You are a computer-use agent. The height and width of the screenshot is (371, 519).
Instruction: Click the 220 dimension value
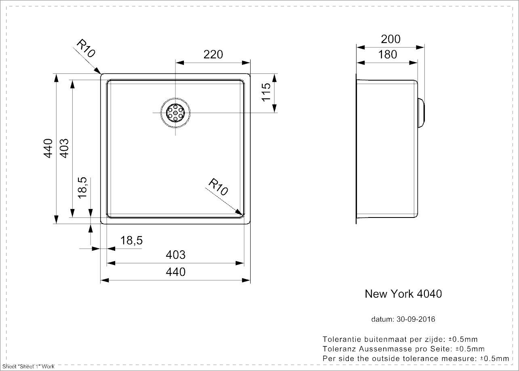coord(213,54)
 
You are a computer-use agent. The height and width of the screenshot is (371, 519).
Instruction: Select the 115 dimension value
coord(266,92)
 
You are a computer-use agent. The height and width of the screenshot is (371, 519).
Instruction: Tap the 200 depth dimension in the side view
coord(391,39)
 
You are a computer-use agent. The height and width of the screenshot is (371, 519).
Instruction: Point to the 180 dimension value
coord(388,54)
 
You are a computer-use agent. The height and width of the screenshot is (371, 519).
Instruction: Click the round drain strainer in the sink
coord(175,113)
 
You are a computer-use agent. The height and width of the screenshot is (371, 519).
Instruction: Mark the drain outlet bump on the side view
coord(421,113)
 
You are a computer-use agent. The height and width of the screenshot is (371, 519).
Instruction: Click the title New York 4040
coord(403,294)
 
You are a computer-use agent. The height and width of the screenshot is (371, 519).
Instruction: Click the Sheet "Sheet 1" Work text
coord(28,367)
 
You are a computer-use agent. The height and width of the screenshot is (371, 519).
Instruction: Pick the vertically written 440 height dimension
coord(49,148)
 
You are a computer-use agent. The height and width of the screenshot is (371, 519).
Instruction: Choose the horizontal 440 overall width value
coord(175,272)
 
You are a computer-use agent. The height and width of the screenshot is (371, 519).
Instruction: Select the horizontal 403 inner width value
coord(175,255)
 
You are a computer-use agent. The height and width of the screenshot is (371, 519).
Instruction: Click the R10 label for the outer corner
coord(86,49)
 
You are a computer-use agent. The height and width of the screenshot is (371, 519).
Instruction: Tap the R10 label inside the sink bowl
coord(218,187)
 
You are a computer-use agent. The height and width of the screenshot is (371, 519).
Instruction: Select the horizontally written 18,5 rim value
coord(131,241)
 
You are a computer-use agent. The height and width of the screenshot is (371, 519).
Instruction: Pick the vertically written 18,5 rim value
coord(82,187)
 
